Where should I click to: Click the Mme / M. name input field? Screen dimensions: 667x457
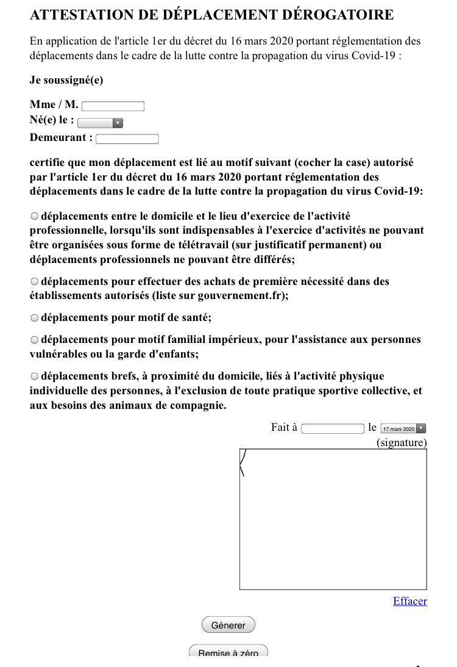(113, 106)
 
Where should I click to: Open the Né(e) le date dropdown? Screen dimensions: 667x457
(101, 123)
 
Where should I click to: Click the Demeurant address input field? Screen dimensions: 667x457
(127, 139)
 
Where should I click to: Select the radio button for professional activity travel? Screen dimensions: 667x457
(34, 217)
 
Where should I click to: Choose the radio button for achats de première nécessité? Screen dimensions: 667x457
(34, 282)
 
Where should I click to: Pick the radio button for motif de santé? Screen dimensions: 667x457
(34, 318)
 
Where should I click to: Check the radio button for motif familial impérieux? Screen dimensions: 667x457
(34, 340)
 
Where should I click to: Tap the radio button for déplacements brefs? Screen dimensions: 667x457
(34, 377)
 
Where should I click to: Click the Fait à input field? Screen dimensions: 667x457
(333, 428)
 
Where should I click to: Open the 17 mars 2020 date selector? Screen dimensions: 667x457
(403, 428)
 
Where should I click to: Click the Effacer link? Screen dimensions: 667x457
(409, 601)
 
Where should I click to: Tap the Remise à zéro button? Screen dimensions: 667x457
(228, 652)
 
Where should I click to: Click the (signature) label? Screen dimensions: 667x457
(402, 442)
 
